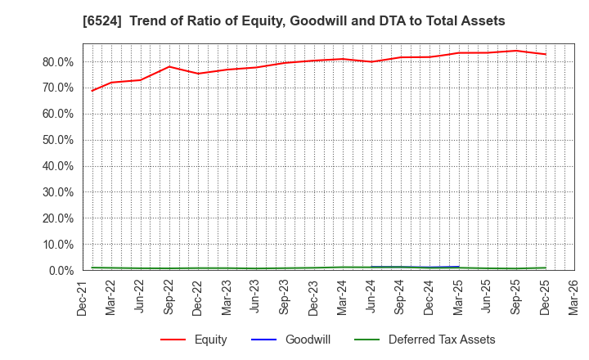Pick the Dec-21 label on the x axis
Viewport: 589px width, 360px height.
pyautogui.click(x=83, y=297)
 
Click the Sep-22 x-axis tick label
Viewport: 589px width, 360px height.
pyautogui.click(x=169, y=297)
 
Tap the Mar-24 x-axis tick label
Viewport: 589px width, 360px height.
pyautogui.click(x=343, y=297)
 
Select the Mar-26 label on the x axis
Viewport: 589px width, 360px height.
pyautogui.click(x=573, y=297)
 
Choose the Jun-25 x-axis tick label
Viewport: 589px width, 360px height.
pyautogui.click(x=487, y=297)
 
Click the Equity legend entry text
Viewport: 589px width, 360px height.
pyautogui.click(x=211, y=340)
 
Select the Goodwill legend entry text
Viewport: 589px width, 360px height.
pyautogui.click(x=308, y=340)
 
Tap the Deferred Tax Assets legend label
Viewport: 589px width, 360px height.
pyautogui.click(x=442, y=340)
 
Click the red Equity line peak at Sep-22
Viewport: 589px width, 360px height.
pyautogui.click(x=169, y=66)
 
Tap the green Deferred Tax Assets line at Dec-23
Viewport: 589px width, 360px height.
pyautogui.click(x=313, y=268)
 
